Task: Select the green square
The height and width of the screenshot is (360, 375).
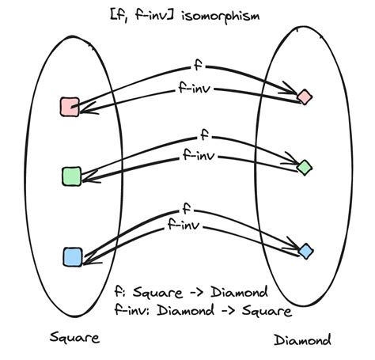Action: point(71,176)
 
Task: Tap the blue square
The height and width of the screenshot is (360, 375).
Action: point(72,256)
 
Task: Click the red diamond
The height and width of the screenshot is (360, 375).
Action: point(304,97)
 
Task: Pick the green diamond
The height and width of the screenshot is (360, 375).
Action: point(304,166)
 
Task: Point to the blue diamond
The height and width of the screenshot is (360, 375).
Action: point(305,251)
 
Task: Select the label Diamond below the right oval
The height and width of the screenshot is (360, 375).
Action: point(303,340)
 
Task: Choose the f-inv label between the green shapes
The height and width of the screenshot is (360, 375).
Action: point(190,154)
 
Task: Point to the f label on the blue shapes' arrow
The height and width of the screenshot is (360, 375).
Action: point(186,209)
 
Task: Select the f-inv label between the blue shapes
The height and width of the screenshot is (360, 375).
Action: point(184,226)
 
